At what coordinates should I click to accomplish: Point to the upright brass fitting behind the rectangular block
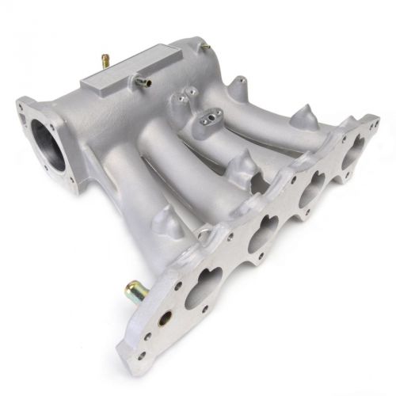[103, 59]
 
